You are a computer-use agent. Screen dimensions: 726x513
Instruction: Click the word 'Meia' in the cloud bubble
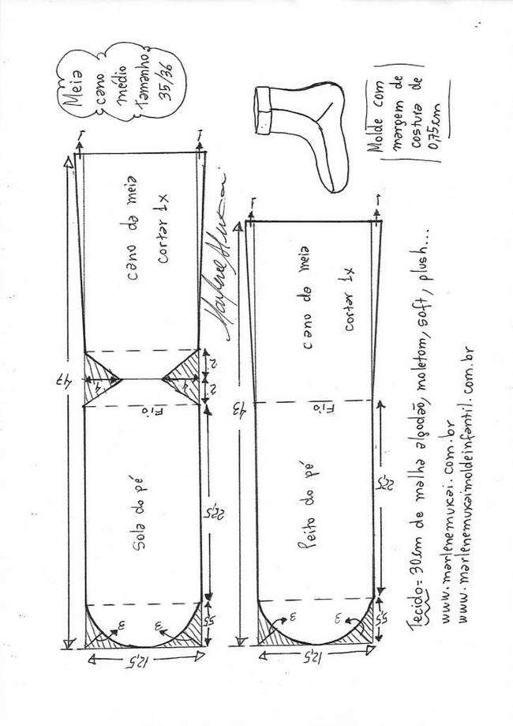coord(73,86)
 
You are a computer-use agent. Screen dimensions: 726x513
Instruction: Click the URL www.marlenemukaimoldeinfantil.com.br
coord(474,514)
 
